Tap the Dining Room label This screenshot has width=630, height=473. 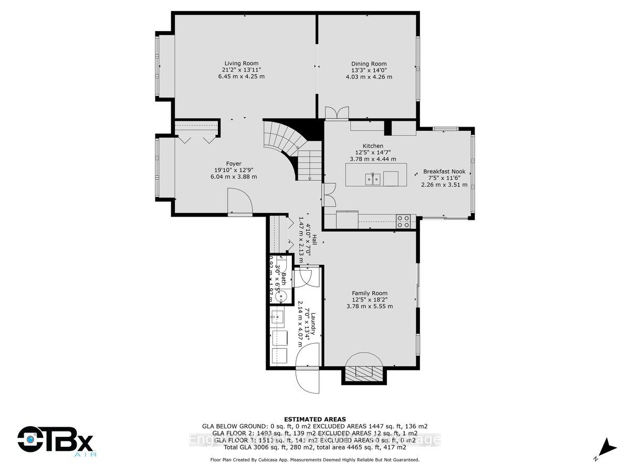coord(369,63)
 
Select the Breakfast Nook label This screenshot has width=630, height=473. coord(444,171)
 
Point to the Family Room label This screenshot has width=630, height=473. coord(369,293)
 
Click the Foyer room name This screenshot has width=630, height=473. coord(234,163)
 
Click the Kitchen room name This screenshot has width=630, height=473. coord(373,146)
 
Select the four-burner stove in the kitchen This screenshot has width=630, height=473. coord(403,222)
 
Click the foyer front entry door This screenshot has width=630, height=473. coord(240,203)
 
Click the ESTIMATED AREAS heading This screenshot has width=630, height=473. coord(314,419)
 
